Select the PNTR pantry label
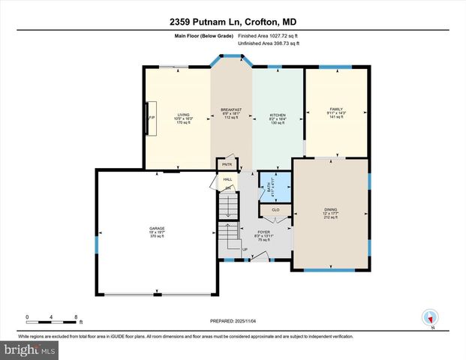pos(227,164)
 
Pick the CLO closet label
pos(275,210)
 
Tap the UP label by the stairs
pos(245,249)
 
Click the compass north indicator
pos(431,317)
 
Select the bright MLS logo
pos(29,350)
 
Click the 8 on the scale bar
pos(76,316)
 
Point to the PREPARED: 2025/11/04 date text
pos(233,321)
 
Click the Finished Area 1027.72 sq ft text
pos(268,35)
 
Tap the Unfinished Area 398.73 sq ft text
pos(268,43)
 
